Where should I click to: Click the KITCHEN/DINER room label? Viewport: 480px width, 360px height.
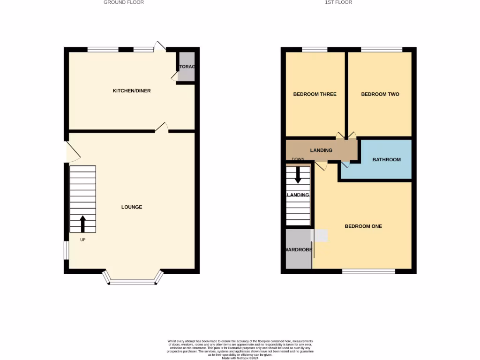click(x=132, y=90)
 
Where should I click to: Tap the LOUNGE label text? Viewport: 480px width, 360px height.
click(x=132, y=207)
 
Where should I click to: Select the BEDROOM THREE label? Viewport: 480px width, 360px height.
click(x=315, y=94)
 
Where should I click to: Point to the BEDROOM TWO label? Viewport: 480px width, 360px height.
click(x=380, y=94)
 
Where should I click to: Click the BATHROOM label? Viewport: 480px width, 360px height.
click(x=387, y=160)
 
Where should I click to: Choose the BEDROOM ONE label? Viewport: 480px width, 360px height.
click(x=363, y=226)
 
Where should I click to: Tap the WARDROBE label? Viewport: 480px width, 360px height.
click(x=299, y=250)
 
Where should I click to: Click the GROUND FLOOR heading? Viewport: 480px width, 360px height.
click(x=124, y=2)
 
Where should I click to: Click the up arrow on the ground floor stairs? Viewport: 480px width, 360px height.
click(x=83, y=224)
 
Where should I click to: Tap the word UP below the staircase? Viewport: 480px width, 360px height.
click(x=83, y=240)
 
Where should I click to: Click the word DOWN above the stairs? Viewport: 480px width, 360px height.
click(x=298, y=159)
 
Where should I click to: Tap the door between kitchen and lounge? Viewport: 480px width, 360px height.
click(x=162, y=127)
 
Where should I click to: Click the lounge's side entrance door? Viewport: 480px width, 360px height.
click(x=71, y=151)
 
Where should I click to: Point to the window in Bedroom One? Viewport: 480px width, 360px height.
click(x=368, y=271)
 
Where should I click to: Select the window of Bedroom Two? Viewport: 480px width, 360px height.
click(x=381, y=49)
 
